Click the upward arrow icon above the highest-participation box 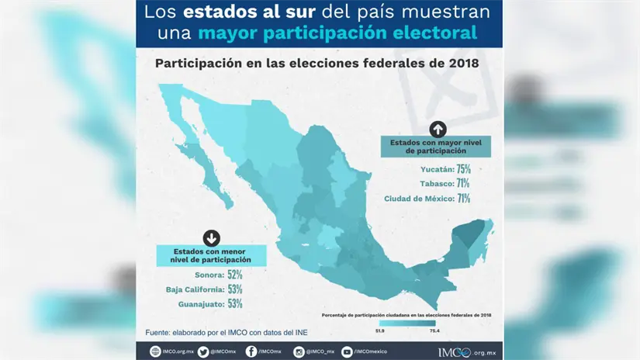(x=438, y=130)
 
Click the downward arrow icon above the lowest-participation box (x=211, y=238)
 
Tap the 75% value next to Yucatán (x=463, y=168)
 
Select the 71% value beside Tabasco (x=463, y=183)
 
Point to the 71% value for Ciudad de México (x=463, y=199)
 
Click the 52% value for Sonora (x=235, y=275)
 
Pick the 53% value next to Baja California (x=235, y=289)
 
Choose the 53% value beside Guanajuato (x=235, y=304)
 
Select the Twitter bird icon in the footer (x=203, y=351)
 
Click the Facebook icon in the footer (x=251, y=351)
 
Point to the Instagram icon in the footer (x=299, y=351)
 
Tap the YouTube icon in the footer (x=347, y=351)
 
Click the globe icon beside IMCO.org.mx (x=156, y=351)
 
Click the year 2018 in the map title (x=462, y=63)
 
